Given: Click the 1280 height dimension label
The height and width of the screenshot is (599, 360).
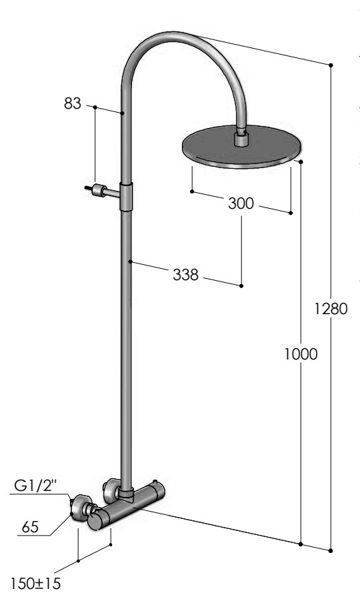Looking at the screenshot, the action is tap(331, 309).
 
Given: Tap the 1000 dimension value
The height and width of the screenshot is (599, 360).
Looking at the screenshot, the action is tap(301, 354).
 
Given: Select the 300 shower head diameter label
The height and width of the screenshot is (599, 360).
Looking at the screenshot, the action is tap(241, 203).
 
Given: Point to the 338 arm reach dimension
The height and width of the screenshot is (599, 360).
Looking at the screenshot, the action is tap(185, 275).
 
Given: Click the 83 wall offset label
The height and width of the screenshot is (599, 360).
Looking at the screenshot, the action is tap(73, 103).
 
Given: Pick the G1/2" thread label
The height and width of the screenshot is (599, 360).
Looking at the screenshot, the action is tap(35, 486).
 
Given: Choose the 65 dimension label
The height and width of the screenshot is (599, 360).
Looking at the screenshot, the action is tap(30, 527).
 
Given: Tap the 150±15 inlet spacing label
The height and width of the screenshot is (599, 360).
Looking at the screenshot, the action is tap(35, 584).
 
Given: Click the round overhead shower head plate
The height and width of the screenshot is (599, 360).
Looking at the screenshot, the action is tap(242, 147).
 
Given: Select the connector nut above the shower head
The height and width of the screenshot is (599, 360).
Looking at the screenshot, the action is tap(241, 138).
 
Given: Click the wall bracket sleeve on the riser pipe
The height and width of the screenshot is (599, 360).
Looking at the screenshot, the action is tap(127, 197).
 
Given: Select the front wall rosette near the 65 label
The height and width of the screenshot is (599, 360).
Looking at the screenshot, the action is tap(82, 508).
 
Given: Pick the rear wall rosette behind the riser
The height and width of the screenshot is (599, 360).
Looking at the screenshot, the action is tap(111, 490).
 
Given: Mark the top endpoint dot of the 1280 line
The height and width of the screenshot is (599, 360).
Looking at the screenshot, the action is tap(331, 65).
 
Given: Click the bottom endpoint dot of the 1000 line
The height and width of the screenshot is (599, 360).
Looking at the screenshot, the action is tap(301, 544).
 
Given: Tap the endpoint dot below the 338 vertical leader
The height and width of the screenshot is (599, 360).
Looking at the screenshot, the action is tap(241, 285).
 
